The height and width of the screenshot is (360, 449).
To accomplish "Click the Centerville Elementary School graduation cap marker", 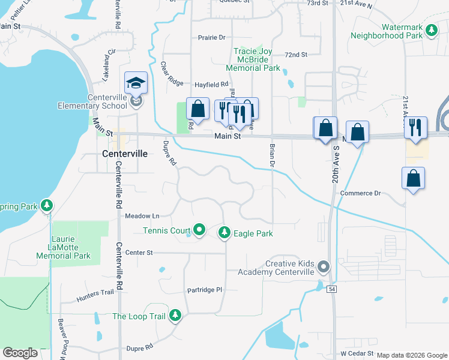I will [x=136, y=83].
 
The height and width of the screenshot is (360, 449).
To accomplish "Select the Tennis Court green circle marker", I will [x=199, y=230].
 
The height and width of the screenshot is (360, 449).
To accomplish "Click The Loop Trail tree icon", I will [x=175, y=316].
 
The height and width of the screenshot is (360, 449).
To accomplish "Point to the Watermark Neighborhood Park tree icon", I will [x=431, y=30].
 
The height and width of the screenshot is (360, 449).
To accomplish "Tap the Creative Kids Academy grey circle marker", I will [x=324, y=266].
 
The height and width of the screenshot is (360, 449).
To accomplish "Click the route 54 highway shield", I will [x=331, y=289].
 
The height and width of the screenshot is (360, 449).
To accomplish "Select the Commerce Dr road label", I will [x=360, y=193].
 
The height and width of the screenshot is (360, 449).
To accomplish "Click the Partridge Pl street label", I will [x=204, y=290].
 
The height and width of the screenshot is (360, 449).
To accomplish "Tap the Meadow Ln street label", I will [x=142, y=215].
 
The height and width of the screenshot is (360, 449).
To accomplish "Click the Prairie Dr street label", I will [x=211, y=37].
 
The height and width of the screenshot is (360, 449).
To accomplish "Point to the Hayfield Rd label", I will [x=211, y=85].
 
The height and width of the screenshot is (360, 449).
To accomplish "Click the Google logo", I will [x=20, y=353].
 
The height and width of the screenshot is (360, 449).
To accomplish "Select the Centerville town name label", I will [x=125, y=154].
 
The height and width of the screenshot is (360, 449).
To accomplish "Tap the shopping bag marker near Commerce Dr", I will [x=413, y=179].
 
